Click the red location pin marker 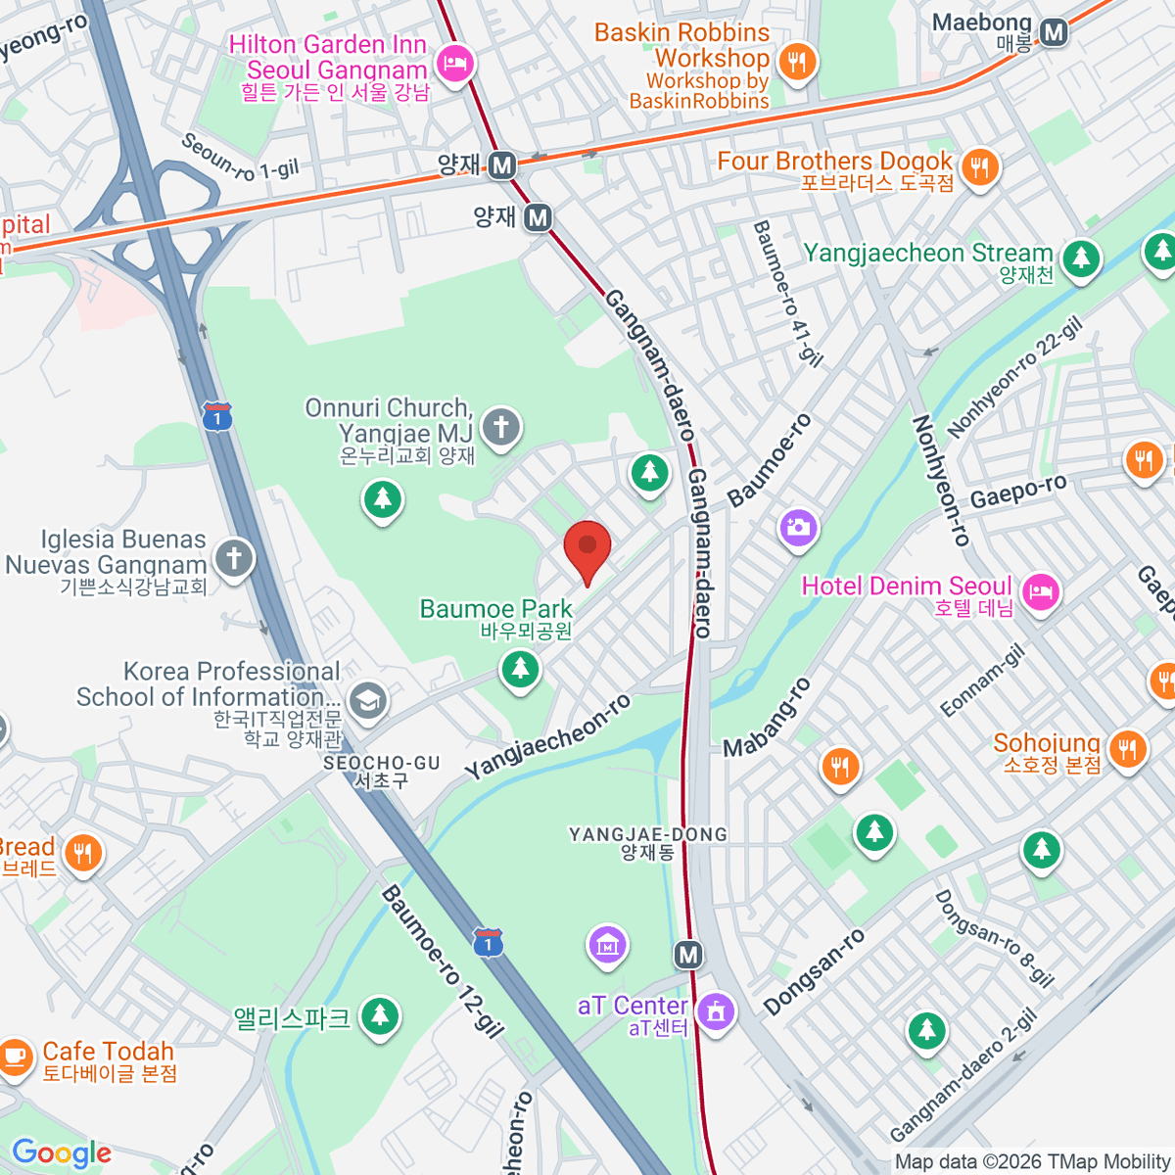tap(587, 548)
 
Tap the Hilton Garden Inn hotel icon tap(454, 64)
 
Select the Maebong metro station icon tap(1054, 32)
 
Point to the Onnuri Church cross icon tap(501, 427)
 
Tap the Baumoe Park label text tap(495, 609)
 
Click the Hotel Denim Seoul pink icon tap(1040, 591)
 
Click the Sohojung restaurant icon tap(1128, 749)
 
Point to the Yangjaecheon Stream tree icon tap(1081, 258)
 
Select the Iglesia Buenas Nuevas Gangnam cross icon tap(233, 559)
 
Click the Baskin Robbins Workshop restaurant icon tap(798, 63)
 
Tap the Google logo tap(62, 1152)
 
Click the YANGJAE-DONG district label tap(648, 834)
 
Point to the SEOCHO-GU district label tap(382, 763)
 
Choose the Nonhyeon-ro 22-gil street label tap(1014, 377)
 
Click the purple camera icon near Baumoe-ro tap(798, 528)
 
